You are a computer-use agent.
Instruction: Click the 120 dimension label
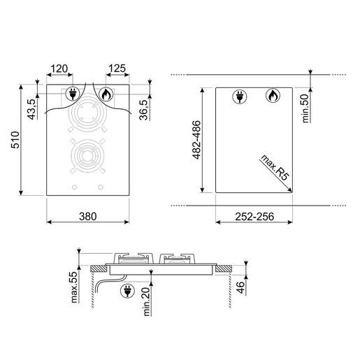59,69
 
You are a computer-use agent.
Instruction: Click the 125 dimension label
117,69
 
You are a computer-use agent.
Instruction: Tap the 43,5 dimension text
32,109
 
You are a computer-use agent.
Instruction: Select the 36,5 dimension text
143,110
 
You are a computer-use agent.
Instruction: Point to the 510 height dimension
15,140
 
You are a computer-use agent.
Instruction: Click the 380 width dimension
88,217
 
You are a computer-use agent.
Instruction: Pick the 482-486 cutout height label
196,140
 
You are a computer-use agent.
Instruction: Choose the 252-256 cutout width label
254,217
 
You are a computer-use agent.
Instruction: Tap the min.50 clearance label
305,108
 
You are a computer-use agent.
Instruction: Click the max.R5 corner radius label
275,167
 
